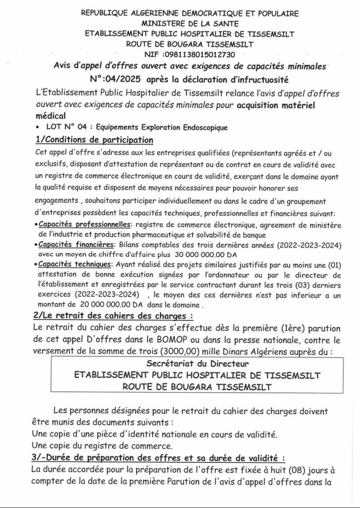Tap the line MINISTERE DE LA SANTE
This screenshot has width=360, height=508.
183,23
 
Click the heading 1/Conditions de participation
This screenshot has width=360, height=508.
94,139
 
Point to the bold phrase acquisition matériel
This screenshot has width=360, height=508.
277,105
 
